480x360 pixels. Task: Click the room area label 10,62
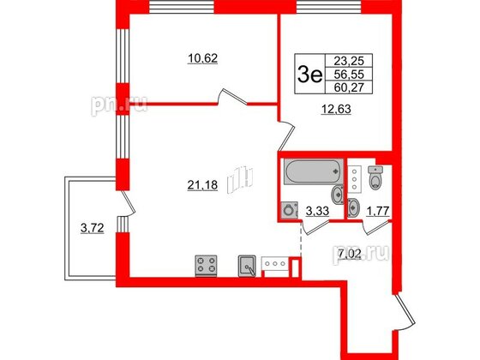coord(202,58)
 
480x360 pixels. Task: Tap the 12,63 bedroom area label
coord(336,109)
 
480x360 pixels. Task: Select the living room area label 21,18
coord(202,185)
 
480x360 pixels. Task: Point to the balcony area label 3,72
coord(93,228)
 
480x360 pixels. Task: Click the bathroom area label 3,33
coord(317,211)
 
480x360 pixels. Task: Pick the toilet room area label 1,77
coord(378,211)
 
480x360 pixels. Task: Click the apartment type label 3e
coord(309,75)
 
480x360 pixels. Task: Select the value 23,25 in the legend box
coord(349,61)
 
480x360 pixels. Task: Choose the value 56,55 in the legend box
coord(349,75)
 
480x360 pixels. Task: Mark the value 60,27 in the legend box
coord(349,87)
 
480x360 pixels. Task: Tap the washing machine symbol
coord(290,210)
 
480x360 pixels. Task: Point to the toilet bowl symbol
coord(376,178)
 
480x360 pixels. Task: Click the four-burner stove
coord(206,266)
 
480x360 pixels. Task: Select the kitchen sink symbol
coord(247,266)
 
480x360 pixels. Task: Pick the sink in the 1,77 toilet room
coord(353,207)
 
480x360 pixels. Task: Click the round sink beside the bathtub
coord(338,194)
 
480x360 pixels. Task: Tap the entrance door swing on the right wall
coord(404,312)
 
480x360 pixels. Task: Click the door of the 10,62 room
coord(232,97)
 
